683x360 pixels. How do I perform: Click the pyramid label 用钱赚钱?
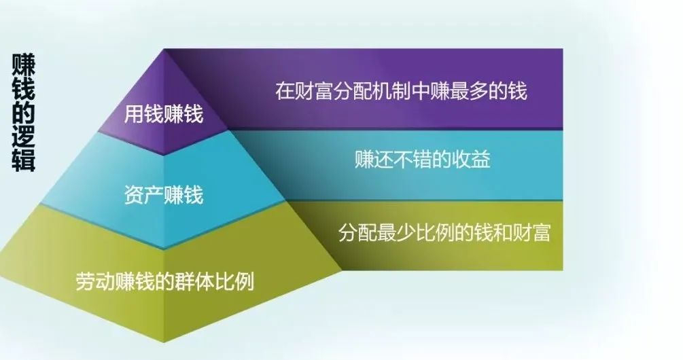pos(164,115)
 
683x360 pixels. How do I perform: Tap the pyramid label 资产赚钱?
pos(164,194)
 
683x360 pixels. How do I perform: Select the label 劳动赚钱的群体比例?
pos(164,281)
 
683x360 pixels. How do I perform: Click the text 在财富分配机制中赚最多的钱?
pos(401,91)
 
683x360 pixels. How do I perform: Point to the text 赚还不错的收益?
pos(423,160)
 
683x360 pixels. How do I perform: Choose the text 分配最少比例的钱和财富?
pos(444,233)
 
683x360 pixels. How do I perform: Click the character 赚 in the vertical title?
pos(24,65)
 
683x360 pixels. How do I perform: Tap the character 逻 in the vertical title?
pos(24,136)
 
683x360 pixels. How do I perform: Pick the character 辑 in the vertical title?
pos(24,160)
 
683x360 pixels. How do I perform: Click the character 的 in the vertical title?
pos(24,112)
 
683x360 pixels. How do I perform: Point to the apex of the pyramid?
pos(164,49)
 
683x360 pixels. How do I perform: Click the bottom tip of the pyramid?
pos(164,342)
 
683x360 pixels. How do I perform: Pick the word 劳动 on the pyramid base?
pos(95,281)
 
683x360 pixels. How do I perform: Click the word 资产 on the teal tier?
pos(144,194)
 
